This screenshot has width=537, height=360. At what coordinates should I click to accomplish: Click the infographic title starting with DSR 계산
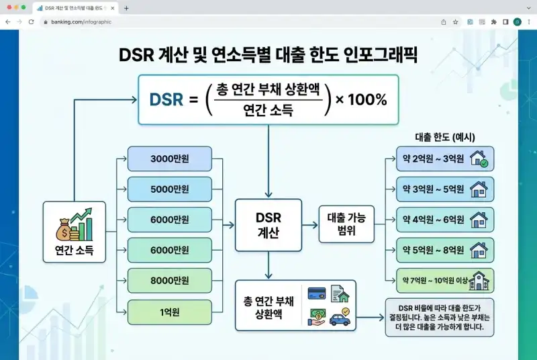coord(268,54)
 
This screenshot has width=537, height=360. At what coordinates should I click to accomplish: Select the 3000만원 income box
coord(169,159)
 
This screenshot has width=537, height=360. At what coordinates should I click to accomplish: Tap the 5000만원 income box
coord(169,189)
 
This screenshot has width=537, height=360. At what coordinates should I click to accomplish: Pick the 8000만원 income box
coord(169,280)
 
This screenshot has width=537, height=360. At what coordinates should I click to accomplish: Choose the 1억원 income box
coord(169,311)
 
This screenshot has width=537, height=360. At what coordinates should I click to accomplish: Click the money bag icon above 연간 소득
coord(63,226)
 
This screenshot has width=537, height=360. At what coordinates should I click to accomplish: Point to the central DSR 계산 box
coord(268,225)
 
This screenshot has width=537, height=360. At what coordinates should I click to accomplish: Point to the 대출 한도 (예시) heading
coord(446,136)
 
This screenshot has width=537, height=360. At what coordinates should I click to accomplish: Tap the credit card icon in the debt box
coord(317,294)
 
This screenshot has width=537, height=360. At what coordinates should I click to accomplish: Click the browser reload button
coord(31,21)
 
